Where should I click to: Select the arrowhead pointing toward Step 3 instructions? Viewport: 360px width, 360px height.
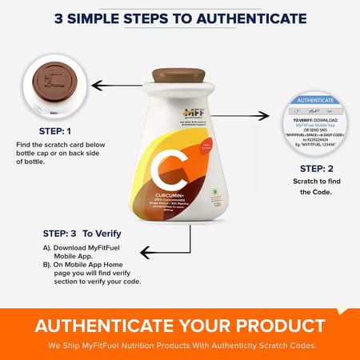point(145,252)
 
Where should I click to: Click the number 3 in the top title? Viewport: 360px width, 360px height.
point(58,18)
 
